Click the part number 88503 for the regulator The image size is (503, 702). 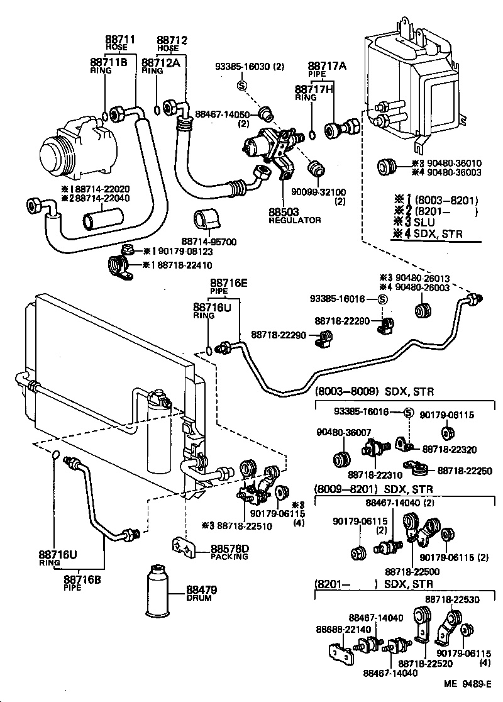click(x=284, y=212)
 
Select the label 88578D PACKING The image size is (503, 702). click(x=229, y=552)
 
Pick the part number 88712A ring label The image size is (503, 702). click(x=160, y=62)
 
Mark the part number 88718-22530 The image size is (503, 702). click(x=452, y=600)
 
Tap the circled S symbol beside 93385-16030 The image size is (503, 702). click(x=241, y=85)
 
